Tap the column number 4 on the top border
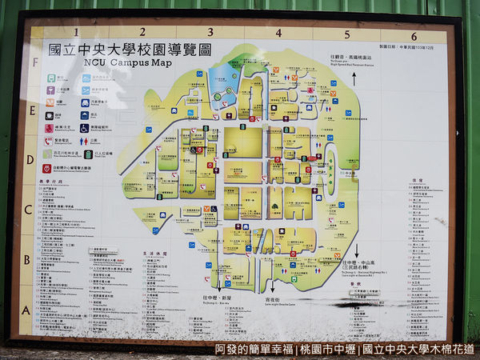click(278, 34)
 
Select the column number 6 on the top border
click(414, 36)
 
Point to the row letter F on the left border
click(34, 61)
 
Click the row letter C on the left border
click(28, 210)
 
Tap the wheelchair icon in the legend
click(84, 127)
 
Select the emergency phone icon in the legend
click(49, 141)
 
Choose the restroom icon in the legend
click(49, 127)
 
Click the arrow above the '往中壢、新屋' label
click(218, 283)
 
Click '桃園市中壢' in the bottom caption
click(327, 350)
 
